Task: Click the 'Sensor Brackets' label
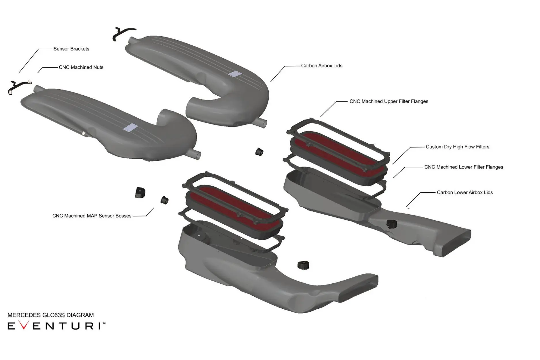click(x=71, y=49)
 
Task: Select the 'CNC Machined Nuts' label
click(x=81, y=67)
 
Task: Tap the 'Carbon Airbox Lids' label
click(x=322, y=66)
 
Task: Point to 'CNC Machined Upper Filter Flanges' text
click(x=389, y=101)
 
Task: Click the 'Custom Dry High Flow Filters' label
click(x=457, y=147)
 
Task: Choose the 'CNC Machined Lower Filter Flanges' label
click(x=464, y=167)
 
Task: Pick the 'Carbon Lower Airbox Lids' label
click(x=465, y=192)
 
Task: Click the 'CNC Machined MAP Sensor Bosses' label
click(x=92, y=216)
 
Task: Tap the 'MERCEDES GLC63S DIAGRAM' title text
click(x=51, y=315)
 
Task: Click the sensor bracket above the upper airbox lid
click(x=123, y=34)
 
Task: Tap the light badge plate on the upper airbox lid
click(x=235, y=74)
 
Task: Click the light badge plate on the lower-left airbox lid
click(x=130, y=128)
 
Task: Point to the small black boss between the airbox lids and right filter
click(x=259, y=151)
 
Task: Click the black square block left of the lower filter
click(x=140, y=193)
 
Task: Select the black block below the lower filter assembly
click(x=303, y=265)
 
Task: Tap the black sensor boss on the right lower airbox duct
click(x=392, y=224)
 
